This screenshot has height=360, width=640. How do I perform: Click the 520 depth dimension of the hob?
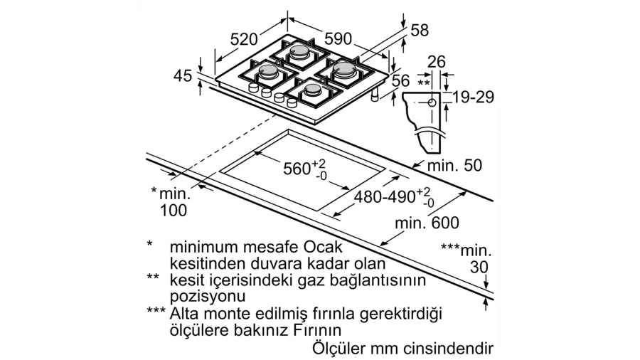(x=244, y=39)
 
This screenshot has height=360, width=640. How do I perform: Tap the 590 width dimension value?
(x=338, y=39)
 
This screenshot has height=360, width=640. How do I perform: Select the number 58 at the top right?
(x=420, y=30)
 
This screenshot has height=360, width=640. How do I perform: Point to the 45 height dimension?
(x=183, y=75)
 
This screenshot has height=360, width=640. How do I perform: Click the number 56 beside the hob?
(x=400, y=80)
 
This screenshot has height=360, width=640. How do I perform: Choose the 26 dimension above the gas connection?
(x=437, y=62)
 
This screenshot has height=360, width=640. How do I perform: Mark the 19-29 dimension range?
(x=474, y=97)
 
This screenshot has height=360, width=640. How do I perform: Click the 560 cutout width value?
(x=297, y=169)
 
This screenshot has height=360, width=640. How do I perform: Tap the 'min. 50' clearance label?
(x=454, y=165)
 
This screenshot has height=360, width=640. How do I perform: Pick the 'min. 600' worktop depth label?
(x=427, y=223)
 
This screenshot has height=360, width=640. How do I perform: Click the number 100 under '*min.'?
(x=173, y=210)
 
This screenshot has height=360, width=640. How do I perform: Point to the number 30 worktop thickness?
(x=479, y=267)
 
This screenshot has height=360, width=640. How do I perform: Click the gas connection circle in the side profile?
(x=432, y=103)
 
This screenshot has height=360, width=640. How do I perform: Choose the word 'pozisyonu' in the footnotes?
(x=208, y=297)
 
